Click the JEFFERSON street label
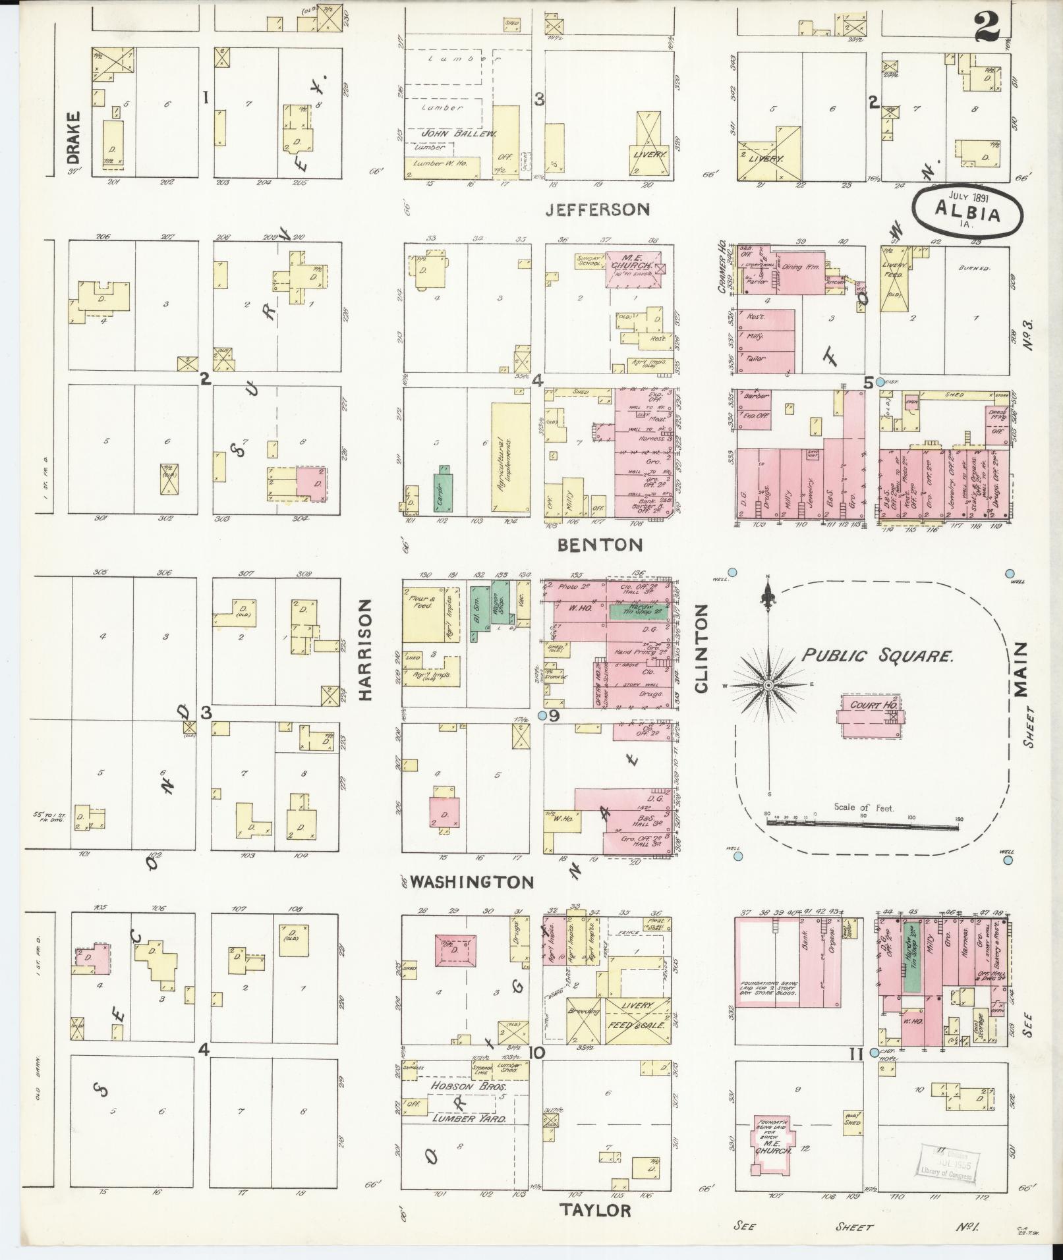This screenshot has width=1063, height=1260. (598, 209)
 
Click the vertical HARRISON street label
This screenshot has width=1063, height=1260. (366, 649)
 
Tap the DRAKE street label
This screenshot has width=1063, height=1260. (73, 138)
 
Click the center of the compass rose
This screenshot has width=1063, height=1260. (768, 686)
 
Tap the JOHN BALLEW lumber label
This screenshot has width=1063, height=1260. (457, 134)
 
